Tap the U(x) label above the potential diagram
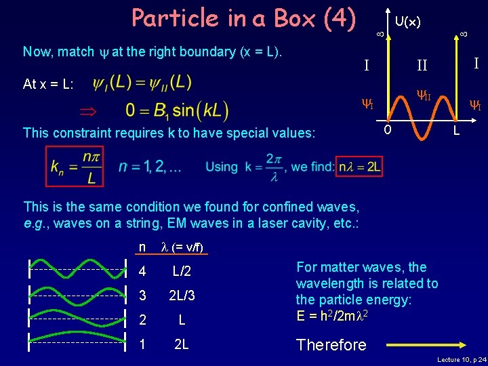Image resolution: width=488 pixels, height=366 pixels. point(408,22)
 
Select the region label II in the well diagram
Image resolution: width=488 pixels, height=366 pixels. point(422,66)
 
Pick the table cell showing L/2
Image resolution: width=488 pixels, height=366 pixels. point(182,271)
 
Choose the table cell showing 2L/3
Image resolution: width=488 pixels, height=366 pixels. point(182,295)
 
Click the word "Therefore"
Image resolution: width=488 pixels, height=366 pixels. point(331,345)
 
